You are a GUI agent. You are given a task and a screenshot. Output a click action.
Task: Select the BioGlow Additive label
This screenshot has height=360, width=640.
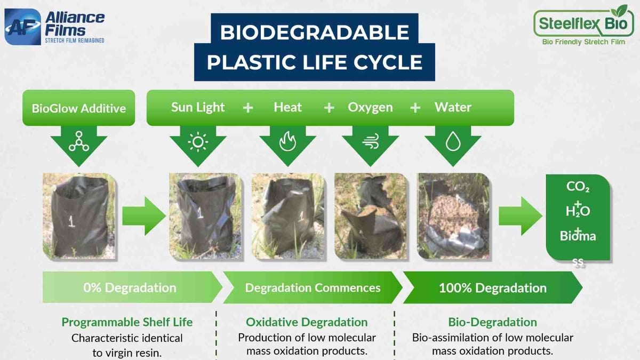[x=79, y=108]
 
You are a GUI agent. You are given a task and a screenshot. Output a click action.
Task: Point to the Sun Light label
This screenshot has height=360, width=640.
[x=198, y=107]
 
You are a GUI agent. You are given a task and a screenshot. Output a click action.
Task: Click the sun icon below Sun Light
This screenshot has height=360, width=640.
[x=198, y=142]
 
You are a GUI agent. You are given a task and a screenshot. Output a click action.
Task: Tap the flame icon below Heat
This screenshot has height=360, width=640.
[x=288, y=142]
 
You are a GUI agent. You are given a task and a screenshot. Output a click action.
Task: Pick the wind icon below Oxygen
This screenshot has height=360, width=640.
[x=370, y=142]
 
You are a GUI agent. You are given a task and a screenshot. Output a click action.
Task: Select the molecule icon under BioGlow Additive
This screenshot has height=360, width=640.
[x=79, y=142]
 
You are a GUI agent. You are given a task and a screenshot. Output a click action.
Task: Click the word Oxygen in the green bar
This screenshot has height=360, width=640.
[x=370, y=107]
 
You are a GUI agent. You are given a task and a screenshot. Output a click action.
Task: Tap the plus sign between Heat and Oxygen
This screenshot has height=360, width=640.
[x=329, y=108]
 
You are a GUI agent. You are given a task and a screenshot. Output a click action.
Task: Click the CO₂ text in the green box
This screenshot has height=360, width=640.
[x=578, y=188]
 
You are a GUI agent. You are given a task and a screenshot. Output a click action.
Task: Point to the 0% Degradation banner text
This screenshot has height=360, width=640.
[x=130, y=288]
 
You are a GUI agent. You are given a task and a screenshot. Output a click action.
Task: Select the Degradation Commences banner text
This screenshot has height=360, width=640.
[x=313, y=288]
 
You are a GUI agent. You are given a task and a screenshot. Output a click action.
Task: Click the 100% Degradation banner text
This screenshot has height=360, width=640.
[x=492, y=288]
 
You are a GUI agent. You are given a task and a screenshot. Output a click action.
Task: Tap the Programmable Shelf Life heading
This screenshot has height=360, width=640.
[x=127, y=322]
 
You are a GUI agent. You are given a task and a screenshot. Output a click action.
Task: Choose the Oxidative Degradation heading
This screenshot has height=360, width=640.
[x=307, y=322]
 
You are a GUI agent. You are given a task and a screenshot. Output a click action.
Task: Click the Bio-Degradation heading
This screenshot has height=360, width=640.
[x=492, y=322]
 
